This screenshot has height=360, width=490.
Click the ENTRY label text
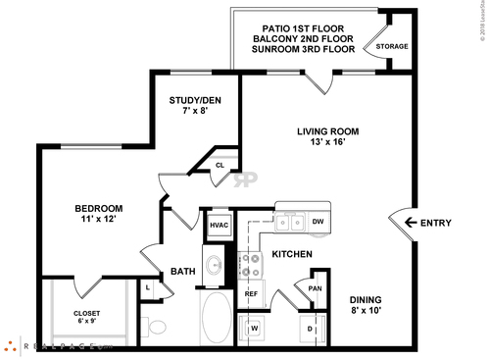tap(435, 223)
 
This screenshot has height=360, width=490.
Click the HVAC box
tap(217, 225)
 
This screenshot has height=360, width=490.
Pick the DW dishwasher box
tap(318, 222)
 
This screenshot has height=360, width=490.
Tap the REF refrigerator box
tap(251, 293)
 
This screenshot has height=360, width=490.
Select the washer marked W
tap(253, 328)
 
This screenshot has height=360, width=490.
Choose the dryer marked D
tap(311, 328)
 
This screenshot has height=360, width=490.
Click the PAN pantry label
tap(314, 288)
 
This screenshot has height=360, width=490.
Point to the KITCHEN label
tap(291, 255)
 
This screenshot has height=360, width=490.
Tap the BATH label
tap(182, 271)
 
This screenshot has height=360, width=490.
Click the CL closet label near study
tap(220, 166)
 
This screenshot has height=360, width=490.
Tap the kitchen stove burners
tap(251, 265)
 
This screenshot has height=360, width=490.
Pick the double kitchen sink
tap(288, 223)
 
